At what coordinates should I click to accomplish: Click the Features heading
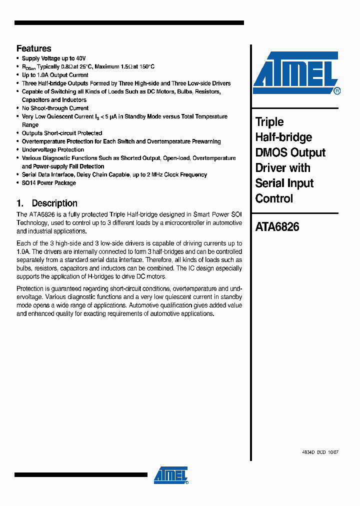33,48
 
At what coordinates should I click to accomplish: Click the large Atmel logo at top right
295,73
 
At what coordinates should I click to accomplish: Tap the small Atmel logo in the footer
170,475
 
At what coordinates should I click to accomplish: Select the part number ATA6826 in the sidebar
277,227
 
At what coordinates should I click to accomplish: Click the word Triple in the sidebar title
269,122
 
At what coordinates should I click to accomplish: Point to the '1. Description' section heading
47,203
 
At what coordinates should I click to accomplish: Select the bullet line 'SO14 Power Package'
49,183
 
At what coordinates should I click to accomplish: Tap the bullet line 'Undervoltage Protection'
53,150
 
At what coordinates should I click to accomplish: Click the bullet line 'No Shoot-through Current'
55,108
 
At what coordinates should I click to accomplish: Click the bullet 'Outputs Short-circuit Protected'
62,133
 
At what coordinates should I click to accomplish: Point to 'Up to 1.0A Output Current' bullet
55,75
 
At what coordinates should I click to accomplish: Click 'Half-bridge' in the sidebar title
283,137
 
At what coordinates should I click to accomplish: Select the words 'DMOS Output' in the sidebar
290,152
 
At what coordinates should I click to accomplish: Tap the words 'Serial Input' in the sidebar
284,183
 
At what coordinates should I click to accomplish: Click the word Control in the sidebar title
274,198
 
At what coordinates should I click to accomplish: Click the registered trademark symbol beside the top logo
337,91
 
